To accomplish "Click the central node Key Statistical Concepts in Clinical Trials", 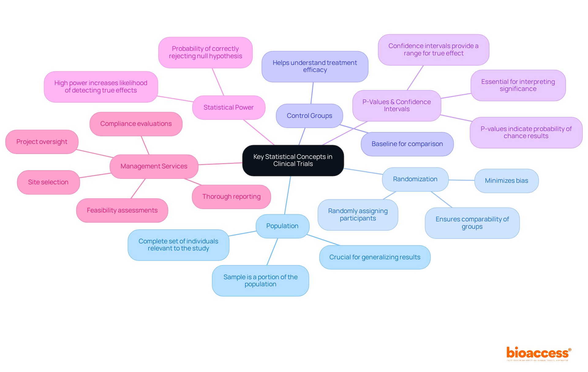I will (293, 160).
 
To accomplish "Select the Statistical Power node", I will (228, 107).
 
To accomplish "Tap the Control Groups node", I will (309, 116).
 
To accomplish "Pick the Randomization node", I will (415, 179).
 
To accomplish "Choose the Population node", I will (282, 226).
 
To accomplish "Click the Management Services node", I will (154, 166).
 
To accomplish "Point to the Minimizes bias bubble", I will (506, 181).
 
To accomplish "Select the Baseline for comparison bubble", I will (407, 144).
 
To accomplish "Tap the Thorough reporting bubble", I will (231, 197).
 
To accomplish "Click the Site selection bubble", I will (48, 182).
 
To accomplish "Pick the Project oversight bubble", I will (42, 142).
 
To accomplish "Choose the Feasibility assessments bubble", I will (122, 210).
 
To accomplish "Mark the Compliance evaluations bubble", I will (136, 124).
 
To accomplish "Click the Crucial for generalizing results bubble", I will (375, 257).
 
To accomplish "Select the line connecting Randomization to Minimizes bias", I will (462, 180).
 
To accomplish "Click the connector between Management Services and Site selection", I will (95, 175).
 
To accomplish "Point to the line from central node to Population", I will (288, 195).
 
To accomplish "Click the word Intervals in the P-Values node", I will (397, 109).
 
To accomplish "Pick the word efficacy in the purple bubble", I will (315, 70).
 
